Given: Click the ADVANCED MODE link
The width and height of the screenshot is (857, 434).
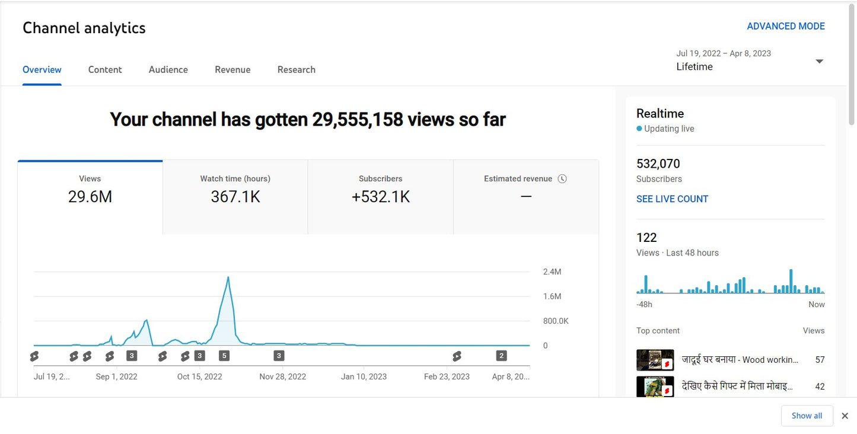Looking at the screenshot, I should pos(785,26).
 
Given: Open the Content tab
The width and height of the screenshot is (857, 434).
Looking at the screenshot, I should pos(105,69).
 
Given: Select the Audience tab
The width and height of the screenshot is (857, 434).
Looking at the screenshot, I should pos(168,69).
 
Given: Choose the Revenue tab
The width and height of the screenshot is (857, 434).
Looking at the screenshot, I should pos(232,69).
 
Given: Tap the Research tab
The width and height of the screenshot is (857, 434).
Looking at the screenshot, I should pos(296,69).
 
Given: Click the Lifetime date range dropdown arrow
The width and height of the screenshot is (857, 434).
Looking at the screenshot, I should pos(819,62).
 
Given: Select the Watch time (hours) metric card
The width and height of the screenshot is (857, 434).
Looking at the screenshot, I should pos(235,190).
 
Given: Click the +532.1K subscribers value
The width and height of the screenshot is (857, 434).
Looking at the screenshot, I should pos(380,197).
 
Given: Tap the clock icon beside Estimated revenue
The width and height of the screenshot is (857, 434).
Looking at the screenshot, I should pos(562,178).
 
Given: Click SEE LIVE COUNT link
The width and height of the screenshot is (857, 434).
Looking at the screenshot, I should pos(672,199).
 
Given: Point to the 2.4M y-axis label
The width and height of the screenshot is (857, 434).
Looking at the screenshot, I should pos(552,272).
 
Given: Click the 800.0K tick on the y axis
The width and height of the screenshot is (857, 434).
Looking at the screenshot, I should pos(555,321).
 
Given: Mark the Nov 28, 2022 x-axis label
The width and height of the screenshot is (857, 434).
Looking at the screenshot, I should pos(282,376).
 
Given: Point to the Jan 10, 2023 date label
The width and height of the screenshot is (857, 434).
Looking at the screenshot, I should pos(364,376).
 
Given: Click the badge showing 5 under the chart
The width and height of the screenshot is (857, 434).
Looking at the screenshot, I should pos(224,356).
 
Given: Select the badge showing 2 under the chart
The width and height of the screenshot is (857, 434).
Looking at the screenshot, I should pos(501,356).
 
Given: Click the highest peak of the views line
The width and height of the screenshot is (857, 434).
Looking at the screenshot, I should pos(228,277).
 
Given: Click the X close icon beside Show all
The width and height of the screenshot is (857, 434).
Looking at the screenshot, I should pos(845,416).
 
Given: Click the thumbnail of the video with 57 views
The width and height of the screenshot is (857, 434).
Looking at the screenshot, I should pos(655,360).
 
